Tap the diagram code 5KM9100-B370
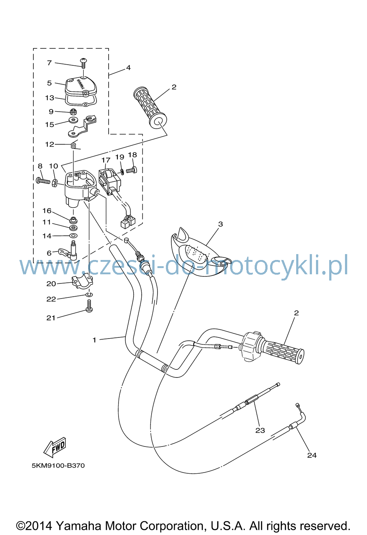pos(58,466)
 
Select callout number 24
pos(312,455)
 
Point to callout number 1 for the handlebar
pos(94,340)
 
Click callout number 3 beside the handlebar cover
pos(221,224)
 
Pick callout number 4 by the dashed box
pos(128,68)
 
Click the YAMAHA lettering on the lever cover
pos(81,84)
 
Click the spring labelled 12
pos(73,145)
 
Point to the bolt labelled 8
pos(43,181)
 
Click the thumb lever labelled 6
pos(68,253)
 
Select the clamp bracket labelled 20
pos(82,282)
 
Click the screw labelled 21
pos(89,306)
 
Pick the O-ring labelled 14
pos(73,236)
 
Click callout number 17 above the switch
pos(106,160)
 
